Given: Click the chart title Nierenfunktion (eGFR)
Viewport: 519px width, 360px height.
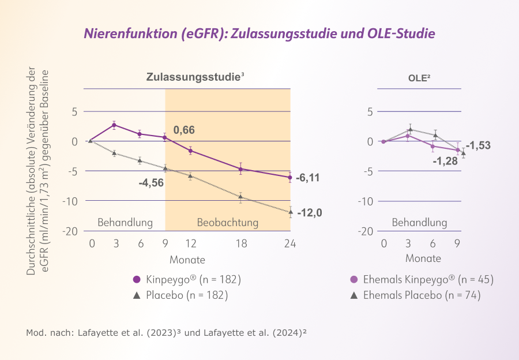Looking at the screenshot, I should pos(259,33).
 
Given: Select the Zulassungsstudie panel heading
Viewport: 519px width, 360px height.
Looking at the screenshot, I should pos(191,77).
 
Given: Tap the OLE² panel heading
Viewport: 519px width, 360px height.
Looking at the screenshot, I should pos(420,77).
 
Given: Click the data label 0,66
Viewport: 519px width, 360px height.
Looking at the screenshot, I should pos(184,130).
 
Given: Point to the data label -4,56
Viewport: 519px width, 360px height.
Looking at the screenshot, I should pos(151,183).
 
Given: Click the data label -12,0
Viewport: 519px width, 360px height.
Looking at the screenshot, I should pos(310,213).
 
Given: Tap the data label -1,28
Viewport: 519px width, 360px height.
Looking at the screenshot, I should pos(446,161).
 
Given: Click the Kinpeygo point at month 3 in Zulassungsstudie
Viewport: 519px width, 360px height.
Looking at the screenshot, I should pos(114,125).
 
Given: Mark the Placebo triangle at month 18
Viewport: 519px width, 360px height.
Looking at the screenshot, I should pos(240,197).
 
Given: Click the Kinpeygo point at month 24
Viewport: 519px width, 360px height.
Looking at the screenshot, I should pos(290,177).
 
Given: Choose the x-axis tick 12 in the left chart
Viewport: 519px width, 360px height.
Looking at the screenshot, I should pos(190,243).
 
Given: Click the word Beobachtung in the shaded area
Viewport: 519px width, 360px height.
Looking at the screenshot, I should pos(228,222).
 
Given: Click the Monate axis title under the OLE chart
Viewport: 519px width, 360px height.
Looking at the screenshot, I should pos(423,258).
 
